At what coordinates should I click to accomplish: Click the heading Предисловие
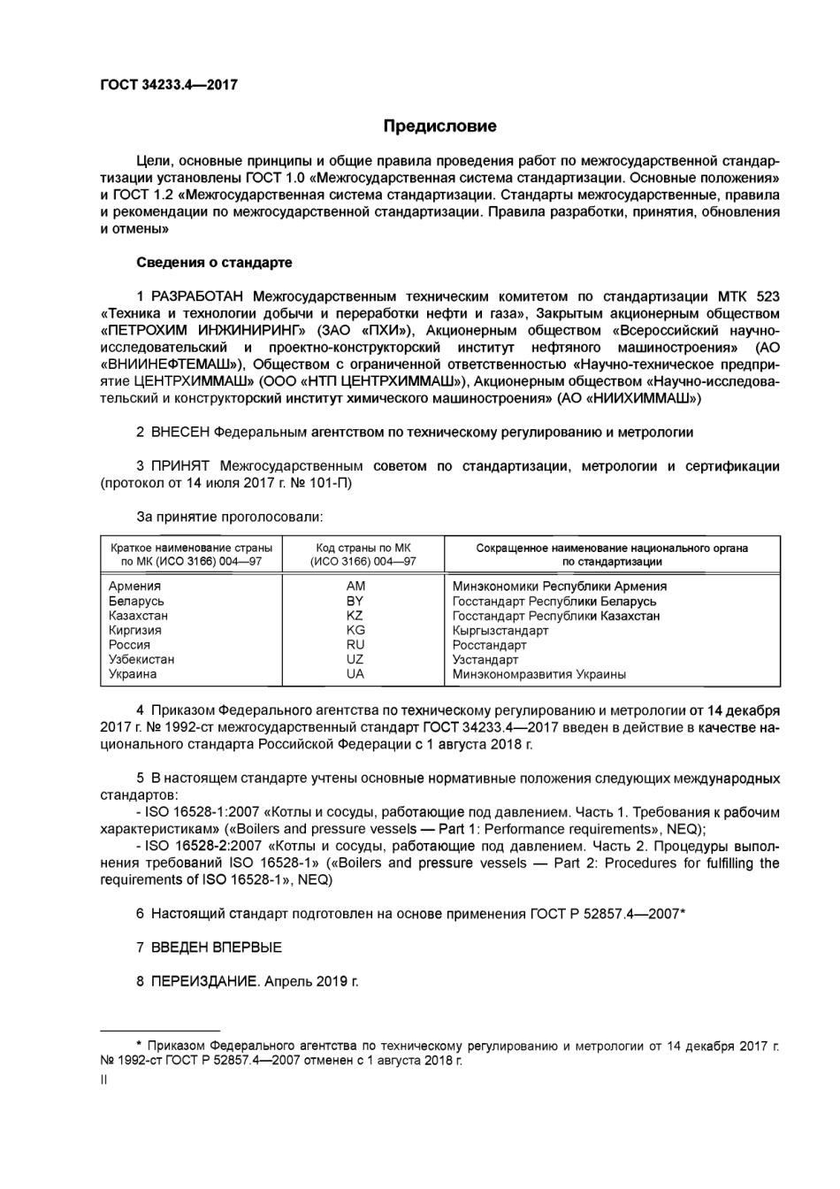click(x=439, y=127)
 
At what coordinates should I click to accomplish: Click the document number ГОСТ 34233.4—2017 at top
click(x=169, y=86)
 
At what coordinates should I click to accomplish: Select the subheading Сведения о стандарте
click(x=214, y=263)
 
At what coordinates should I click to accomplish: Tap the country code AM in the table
click(x=355, y=587)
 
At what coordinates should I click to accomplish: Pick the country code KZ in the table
click(x=355, y=616)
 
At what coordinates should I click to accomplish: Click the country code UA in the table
click(x=355, y=674)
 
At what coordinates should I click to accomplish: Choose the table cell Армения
click(x=134, y=587)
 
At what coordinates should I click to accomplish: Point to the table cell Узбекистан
click(x=141, y=660)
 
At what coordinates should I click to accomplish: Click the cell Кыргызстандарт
click(x=500, y=631)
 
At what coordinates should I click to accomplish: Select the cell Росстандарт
click(x=489, y=646)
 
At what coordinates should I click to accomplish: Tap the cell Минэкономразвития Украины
click(x=539, y=674)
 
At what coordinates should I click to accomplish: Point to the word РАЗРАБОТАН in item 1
click(x=198, y=296)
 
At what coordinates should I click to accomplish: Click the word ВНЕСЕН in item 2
click(x=180, y=433)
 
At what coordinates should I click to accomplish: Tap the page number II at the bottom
click(x=104, y=1078)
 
